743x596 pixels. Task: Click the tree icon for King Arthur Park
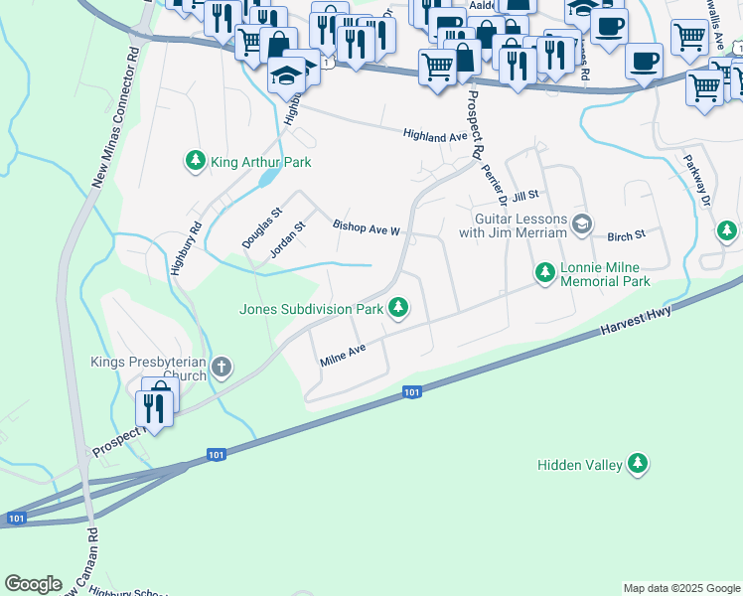196,160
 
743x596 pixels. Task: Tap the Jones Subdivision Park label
311,309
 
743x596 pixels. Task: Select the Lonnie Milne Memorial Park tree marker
544,271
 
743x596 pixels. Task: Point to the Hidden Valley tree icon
637,464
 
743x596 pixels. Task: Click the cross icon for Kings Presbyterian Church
221,369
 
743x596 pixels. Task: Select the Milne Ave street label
344,355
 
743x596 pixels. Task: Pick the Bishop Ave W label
366,229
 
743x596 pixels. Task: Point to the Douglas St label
262,227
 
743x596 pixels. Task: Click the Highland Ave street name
434,135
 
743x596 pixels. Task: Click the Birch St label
626,234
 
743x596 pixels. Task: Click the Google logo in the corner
33,584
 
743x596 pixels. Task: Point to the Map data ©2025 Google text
680,588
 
